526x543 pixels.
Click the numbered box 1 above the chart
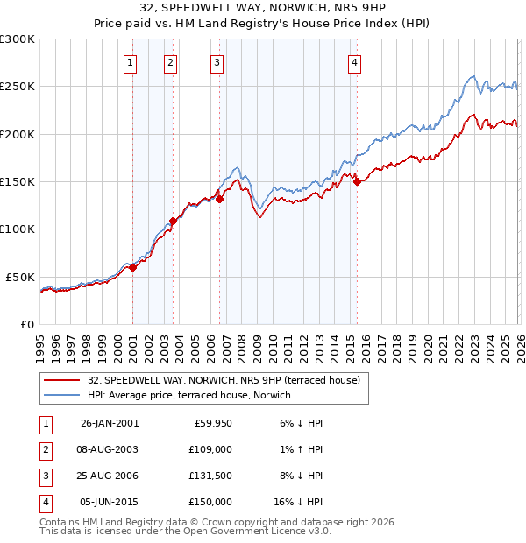click(x=130, y=62)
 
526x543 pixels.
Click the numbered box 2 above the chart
click(x=169, y=62)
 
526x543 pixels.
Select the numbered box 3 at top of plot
click(x=217, y=62)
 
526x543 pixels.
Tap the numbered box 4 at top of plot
click(x=354, y=62)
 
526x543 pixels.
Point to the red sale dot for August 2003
click(x=173, y=221)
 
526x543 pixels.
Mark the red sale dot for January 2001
click(x=133, y=268)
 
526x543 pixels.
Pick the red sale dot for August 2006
click(x=220, y=200)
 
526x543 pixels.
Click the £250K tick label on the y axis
click(x=18, y=87)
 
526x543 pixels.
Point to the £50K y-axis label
click(x=21, y=277)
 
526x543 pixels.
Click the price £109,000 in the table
click(x=211, y=449)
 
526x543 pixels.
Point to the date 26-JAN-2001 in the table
click(x=109, y=423)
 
